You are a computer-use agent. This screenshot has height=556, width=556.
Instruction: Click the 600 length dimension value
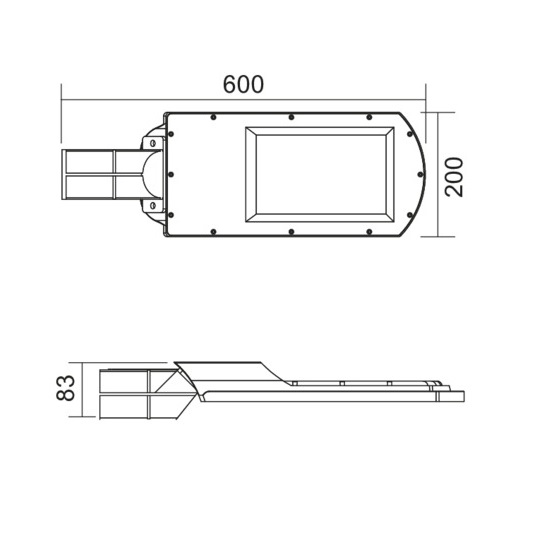243,84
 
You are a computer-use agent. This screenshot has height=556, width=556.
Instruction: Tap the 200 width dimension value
454,176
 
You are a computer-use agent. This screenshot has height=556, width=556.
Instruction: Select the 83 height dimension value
66,388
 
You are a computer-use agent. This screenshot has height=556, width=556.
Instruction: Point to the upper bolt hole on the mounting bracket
153,143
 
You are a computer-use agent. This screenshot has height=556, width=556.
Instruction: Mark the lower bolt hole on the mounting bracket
153,206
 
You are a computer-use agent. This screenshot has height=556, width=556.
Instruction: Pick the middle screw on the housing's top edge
291,117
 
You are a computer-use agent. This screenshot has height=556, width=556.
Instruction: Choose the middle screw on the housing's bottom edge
291,232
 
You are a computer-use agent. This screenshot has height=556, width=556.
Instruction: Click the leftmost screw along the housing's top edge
213,117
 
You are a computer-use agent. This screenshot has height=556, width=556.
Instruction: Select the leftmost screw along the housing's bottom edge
213,232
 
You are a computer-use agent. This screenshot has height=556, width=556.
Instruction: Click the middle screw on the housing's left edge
171,175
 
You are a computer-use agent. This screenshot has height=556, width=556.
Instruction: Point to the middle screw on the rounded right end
413,175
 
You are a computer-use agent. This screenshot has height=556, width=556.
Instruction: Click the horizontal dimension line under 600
243,101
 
